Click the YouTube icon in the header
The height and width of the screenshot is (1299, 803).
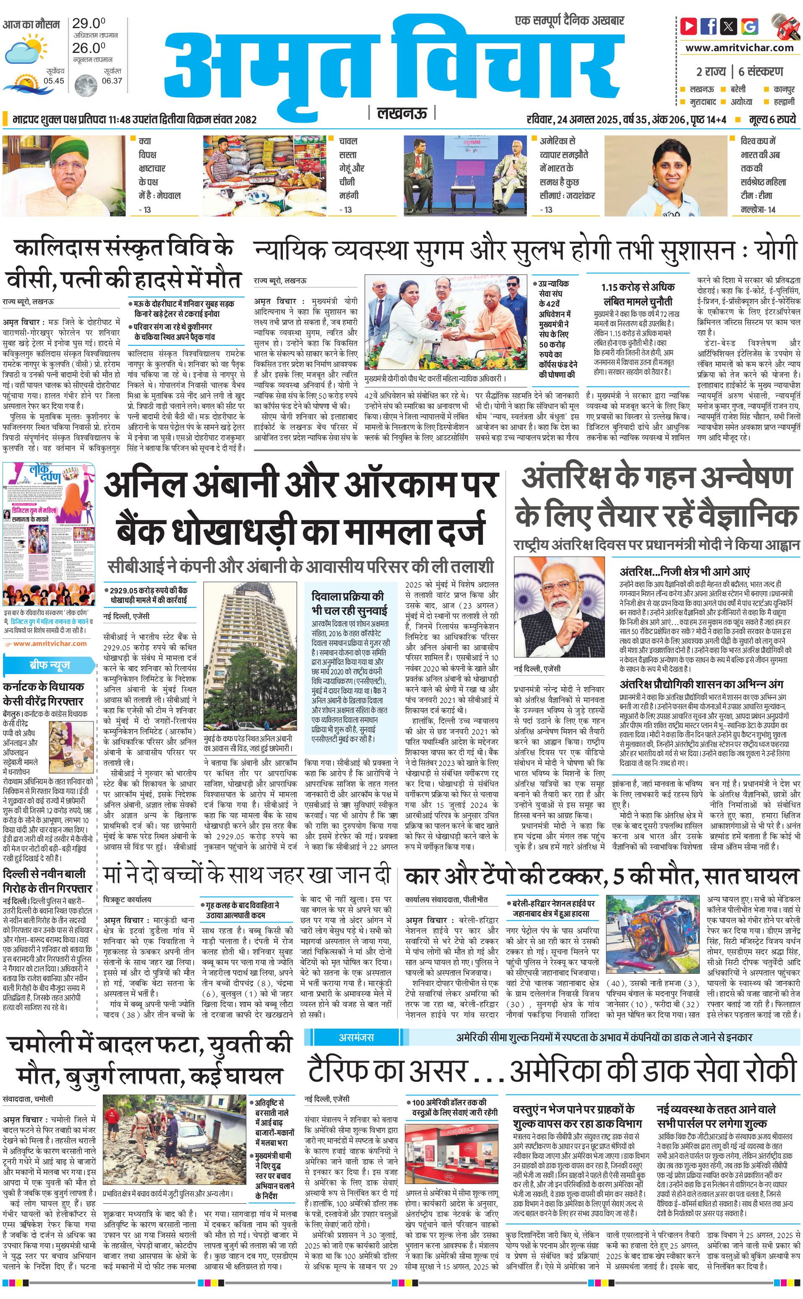pyautogui.click(x=689, y=26)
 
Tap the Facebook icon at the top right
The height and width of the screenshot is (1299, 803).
pyautogui.click(x=709, y=26)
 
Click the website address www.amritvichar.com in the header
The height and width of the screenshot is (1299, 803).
pyautogui.click(x=739, y=47)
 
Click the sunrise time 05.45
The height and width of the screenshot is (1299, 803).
pyautogui.click(x=54, y=81)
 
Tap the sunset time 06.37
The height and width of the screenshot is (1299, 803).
pyautogui.click(x=112, y=81)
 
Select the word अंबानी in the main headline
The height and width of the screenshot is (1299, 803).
pyautogui.click(x=223, y=484)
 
